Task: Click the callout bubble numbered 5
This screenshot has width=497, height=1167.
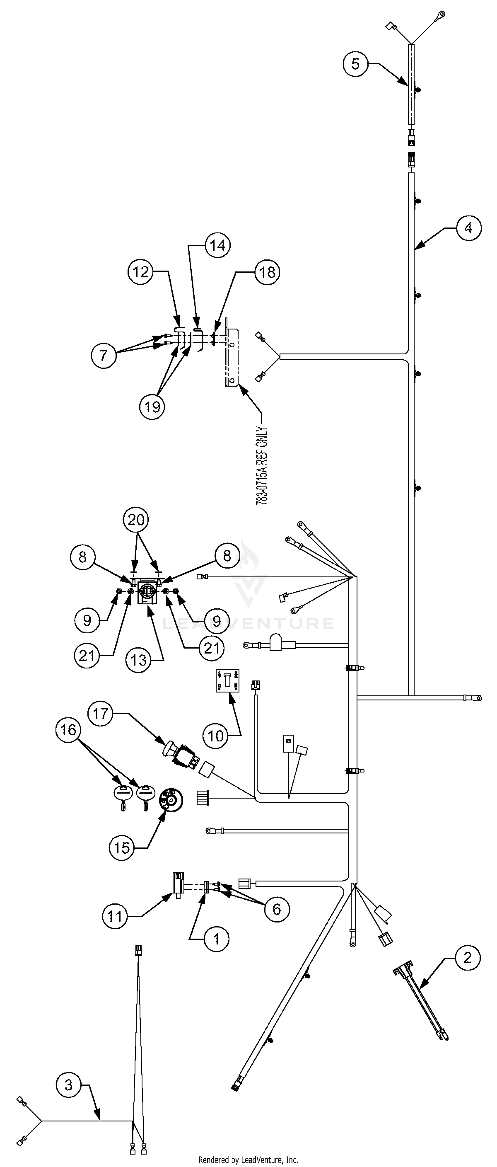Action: click(x=355, y=64)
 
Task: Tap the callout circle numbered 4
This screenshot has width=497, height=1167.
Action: click(x=468, y=228)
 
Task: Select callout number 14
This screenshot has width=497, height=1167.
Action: click(x=217, y=245)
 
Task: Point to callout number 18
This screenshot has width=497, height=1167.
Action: click(x=267, y=272)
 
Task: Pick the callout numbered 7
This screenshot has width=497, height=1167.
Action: click(x=104, y=355)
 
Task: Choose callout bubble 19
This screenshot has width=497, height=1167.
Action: click(x=152, y=407)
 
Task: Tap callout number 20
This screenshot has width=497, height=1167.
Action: click(x=136, y=519)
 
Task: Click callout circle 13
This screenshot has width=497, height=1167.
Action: click(x=139, y=660)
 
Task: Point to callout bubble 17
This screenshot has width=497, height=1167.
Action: click(x=101, y=714)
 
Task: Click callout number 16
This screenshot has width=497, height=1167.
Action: click(x=68, y=729)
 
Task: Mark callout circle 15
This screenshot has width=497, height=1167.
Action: click(x=122, y=847)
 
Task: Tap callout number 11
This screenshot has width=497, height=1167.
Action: click(x=115, y=916)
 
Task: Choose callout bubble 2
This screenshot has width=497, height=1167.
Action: click(x=467, y=957)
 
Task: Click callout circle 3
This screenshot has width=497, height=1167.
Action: click(x=68, y=1085)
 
